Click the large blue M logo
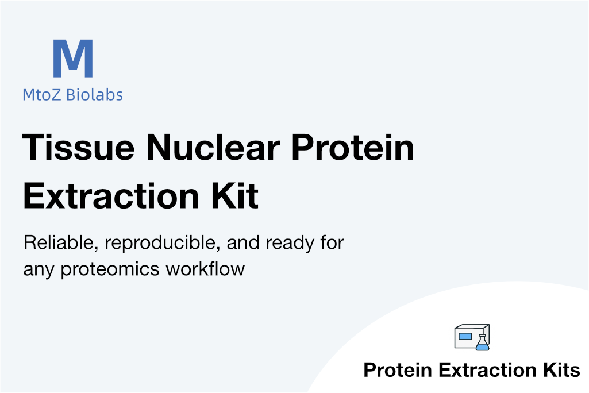[x=73, y=58]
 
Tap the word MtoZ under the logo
[x=41, y=95]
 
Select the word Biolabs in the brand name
[x=94, y=94]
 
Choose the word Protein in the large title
[x=353, y=147]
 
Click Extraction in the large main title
[x=111, y=195]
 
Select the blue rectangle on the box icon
[x=465, y=336]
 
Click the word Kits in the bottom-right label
[x=561, y=369]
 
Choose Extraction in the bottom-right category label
[x=487, y=369]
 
